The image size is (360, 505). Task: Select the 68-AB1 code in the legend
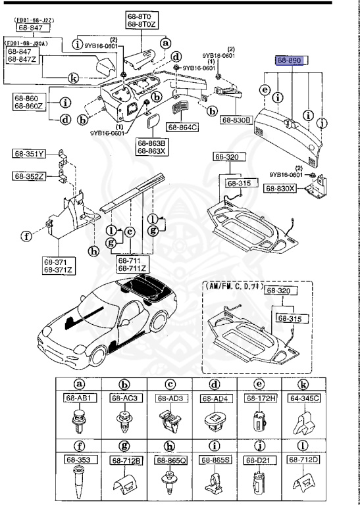[x=80, y=398]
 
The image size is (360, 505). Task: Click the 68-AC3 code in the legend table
[x=124, y=398]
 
